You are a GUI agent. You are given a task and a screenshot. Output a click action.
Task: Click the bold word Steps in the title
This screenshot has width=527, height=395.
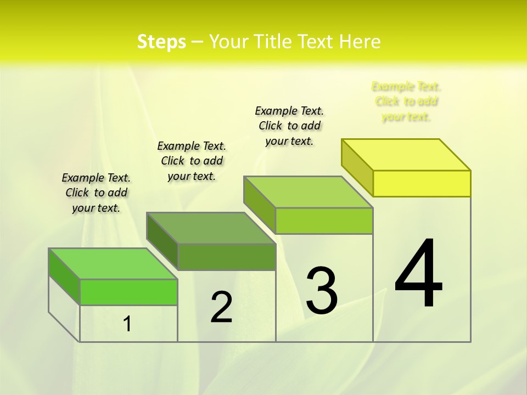(x=161, y=42)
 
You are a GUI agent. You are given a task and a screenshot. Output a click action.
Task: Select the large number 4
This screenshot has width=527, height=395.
(x=418, y=274)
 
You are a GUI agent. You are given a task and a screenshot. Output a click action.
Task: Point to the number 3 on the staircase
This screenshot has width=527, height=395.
(x=322, y=291)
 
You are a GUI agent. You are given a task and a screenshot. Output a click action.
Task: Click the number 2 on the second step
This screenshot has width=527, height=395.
(x=221, y=307)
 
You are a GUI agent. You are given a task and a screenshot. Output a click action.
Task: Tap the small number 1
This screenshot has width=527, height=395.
(x=127, y=324)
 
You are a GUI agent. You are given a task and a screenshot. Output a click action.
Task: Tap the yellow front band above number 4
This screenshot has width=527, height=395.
(x=422, y=183)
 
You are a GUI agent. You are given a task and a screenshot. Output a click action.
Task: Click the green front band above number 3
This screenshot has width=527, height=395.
(x=324, y=221)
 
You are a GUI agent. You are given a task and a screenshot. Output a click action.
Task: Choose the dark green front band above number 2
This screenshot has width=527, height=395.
(x=226, y=257)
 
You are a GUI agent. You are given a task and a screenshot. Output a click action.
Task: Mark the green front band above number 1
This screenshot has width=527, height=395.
(x=128, y=292)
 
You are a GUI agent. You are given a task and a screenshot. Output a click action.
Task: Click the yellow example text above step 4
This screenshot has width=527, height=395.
(x=406, y=101)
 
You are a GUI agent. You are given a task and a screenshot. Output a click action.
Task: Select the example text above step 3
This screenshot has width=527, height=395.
(x=289, y=126)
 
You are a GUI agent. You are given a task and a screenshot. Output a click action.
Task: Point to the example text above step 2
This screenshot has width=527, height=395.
(x=192, y=161)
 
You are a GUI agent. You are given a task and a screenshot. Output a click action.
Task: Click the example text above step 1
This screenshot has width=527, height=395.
(x=96, y=193)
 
